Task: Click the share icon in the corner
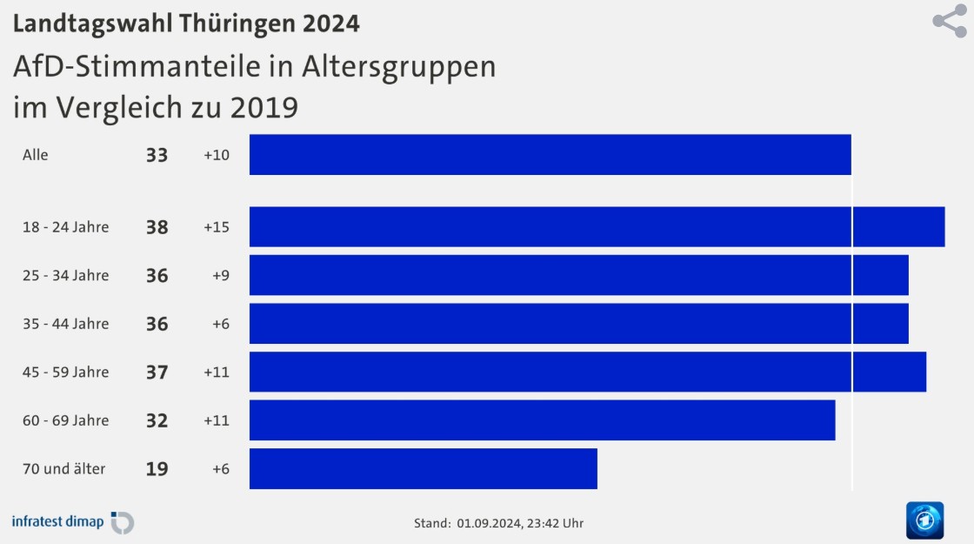[950, 21]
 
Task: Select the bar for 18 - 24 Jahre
[597, 227]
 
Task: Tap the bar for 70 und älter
[423, 469]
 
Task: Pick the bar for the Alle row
[550, 155]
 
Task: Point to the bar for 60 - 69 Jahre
[543, 420]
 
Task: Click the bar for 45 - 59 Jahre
[588, 372]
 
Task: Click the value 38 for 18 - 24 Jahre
[157, 227]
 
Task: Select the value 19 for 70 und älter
[157, 469]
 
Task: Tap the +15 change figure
[217, 227]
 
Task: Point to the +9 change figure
[221, 275]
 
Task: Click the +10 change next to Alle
[217, 155]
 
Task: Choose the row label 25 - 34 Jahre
[66, 275]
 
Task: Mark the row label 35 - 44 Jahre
[66, 324]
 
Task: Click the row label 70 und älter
[64, 469]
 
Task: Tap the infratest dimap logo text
[57, 521]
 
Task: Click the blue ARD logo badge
[925, 520]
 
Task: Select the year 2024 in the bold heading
[331, 24]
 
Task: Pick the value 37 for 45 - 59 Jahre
[157, 373]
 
